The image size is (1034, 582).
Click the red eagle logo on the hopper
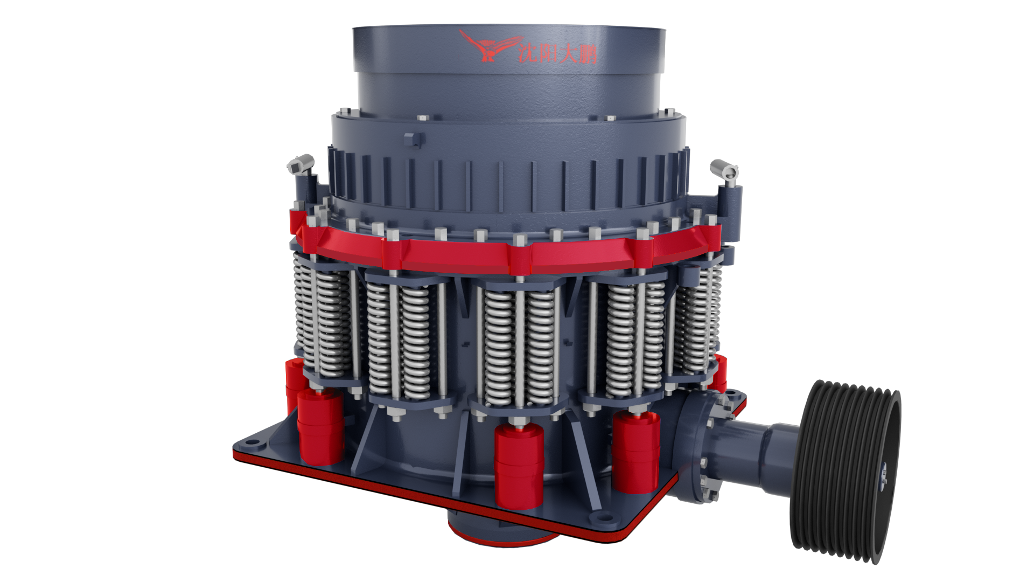487,46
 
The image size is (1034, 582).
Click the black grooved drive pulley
846,472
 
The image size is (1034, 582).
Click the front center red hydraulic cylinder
519,466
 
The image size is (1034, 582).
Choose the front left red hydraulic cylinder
320,426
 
